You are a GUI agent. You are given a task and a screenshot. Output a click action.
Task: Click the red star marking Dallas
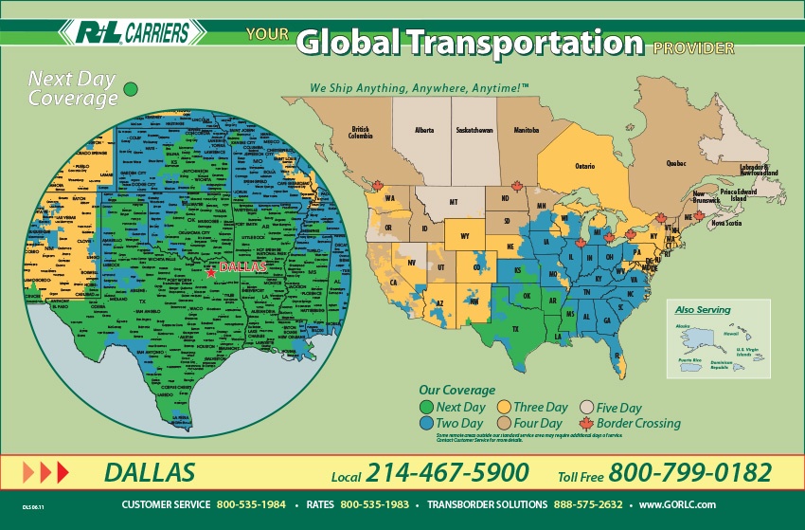tap(210, 272)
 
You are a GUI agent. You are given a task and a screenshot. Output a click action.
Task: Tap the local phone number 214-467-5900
tap(447, 472)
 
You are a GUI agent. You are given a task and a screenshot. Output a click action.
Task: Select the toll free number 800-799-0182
tap(689, 472)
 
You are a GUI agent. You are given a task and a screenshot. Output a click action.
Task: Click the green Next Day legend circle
tap(426, 408)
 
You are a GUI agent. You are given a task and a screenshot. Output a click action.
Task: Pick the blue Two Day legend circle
tap(426, 423)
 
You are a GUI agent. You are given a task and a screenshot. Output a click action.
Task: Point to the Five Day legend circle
tap(586, 408)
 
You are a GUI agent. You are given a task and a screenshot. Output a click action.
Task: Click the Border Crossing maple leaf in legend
tap(586, 423)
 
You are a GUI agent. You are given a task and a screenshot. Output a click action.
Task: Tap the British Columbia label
tap(361, 132)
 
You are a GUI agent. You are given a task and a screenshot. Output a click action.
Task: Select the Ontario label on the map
tap(584, 166)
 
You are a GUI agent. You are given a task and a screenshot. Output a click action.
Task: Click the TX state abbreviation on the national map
tap(516, 329)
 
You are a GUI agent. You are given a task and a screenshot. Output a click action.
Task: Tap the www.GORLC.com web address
tap(677, 504)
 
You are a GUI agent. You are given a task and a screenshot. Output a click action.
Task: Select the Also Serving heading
tap(696, 310)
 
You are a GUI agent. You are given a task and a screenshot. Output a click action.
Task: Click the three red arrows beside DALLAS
tap(45, 471)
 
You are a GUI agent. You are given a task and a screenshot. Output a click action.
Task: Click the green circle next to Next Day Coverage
tap(132, 88)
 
